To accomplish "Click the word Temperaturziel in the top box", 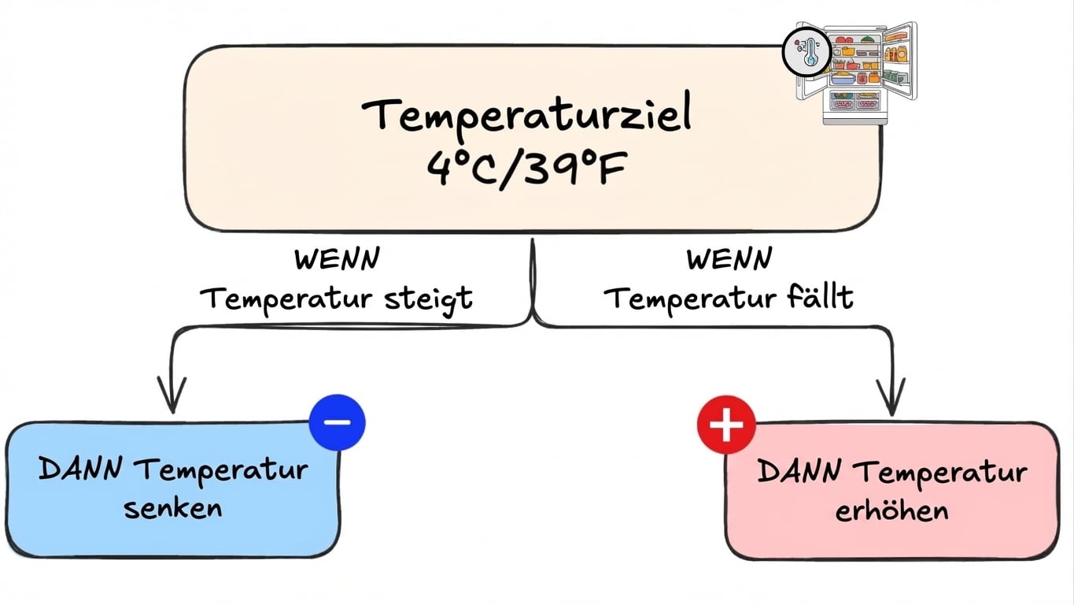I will (526, 115).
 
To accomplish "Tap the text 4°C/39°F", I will (526, 169).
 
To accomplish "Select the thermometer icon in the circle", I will (806, 54).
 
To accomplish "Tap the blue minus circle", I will (338, 422).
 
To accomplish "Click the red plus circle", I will (726, 425).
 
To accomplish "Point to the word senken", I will (173, 507).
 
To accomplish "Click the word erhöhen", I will (891, 510).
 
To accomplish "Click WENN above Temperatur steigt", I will (336, 259).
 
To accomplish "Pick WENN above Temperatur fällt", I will (729, 259).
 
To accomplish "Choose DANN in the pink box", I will (799, 473).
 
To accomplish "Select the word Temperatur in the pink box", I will (940, 473).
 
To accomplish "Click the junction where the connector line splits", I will (533, 319).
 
